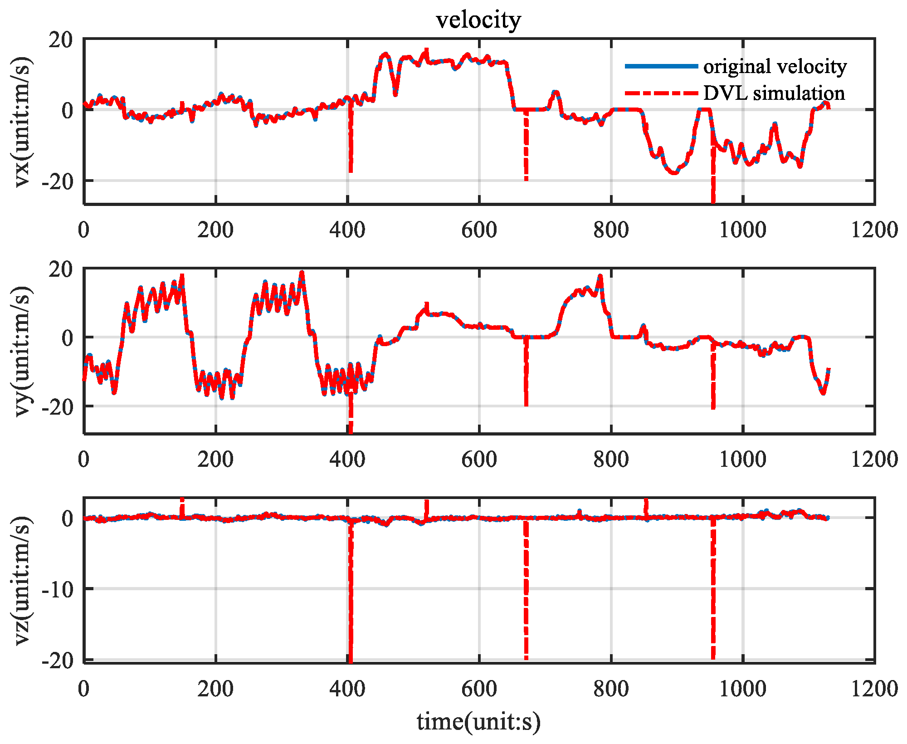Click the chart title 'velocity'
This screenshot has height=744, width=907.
[478, 20]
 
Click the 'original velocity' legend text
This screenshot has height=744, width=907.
[775, 66]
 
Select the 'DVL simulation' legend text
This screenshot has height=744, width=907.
[774, 93]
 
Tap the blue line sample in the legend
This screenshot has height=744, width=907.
[661, 66]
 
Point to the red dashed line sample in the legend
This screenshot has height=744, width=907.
[661, 93]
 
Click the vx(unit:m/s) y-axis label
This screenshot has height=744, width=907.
[23, 122]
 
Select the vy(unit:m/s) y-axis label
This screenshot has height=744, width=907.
[23, 351]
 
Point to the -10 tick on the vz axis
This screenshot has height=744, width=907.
[58, 589]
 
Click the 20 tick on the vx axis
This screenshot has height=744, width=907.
[61, 40]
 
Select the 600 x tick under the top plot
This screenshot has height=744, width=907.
[479, 230]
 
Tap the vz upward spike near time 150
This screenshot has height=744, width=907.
[182, 506]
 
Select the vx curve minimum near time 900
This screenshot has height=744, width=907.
[674, 172]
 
